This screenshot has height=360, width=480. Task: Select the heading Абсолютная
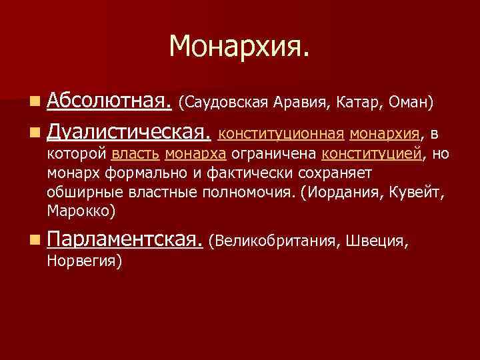coord(111,102)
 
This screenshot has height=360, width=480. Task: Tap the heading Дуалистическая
coord(130,133)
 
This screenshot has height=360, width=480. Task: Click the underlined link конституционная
coord(281,135)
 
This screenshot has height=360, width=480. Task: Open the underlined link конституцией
coord(372,155)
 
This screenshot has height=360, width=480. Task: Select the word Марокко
coord(79,211)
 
